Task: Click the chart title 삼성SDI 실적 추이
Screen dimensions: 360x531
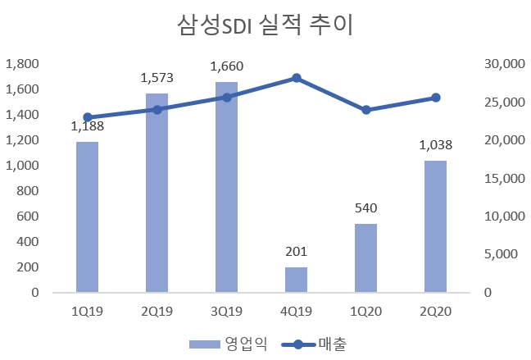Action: [264, 26]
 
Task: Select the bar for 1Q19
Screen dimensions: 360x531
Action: [87, 216]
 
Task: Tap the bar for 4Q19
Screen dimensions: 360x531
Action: [296, 279]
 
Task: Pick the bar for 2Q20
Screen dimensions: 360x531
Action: [435, 226]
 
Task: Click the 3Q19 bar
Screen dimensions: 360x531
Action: [226, 187]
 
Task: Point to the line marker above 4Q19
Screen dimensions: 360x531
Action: [296, 78]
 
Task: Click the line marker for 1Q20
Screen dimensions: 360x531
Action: [365, 110]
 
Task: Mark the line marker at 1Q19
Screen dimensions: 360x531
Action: [87, 117]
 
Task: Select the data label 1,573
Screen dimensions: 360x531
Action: [157, 78]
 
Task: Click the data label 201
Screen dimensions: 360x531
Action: [296, 252]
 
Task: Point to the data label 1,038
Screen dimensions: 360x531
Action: [435, 145]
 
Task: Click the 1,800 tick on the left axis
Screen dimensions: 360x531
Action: [22, 64]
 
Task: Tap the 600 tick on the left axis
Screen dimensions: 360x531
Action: [29, 216]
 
